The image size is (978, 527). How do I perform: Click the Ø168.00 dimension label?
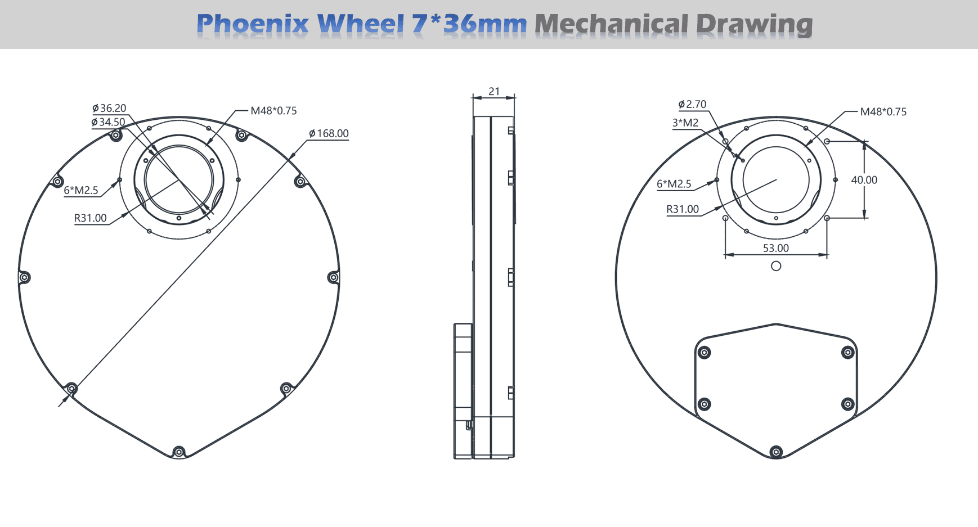329,134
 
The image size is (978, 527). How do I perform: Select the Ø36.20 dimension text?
109,109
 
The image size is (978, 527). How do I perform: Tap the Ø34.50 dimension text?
108,123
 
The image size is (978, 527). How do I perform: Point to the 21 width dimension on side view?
494,92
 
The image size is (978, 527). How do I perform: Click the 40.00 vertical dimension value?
864,180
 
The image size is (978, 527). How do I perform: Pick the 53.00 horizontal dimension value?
775,248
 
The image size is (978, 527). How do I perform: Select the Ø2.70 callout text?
692,105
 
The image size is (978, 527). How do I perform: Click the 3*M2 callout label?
685,123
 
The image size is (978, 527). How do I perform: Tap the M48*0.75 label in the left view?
273,111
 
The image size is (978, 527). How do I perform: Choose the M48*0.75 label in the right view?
883,112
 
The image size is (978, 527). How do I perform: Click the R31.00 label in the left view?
91,218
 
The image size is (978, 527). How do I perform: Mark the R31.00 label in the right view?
683,209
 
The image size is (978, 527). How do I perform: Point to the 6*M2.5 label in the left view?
81,191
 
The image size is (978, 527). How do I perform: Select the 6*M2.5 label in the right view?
674,184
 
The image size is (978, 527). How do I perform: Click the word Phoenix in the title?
253,25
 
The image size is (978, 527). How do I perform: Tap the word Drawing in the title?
754,25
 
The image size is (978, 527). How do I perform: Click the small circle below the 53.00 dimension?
776,266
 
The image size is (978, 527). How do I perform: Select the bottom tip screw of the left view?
178,452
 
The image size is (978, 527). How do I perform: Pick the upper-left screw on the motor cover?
704,353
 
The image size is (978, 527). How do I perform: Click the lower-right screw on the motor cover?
847,404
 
